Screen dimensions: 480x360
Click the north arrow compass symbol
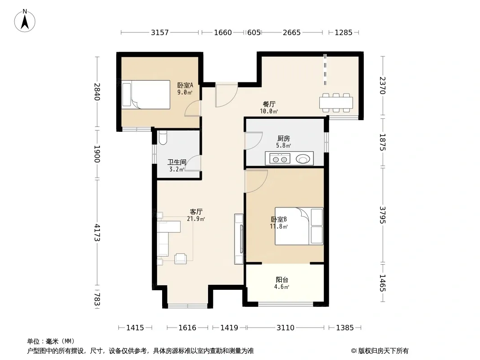click(25, 21)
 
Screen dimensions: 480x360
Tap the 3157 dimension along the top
click(160, 32)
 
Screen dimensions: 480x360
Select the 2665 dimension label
click(292, 32)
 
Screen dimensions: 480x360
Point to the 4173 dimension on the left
click(97, 233)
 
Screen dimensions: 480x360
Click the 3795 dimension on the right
click(383, 215)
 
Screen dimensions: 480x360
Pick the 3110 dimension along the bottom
click(285, 328)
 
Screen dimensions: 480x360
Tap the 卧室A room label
click(185, 85)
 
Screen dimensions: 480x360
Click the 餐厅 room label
click(269, 104)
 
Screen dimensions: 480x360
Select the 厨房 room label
click(284, 139)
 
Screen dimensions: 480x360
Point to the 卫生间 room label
click(177, 162)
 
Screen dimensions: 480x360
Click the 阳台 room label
click(282, 280)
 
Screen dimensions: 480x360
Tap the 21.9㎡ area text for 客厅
click(196, 219)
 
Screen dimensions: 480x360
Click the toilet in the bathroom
click(163, 138)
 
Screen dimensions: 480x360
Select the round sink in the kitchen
click(303, 159)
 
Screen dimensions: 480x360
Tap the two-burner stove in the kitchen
click(280, 159)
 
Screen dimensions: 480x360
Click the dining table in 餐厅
click(336, 103)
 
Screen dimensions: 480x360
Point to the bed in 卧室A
click(146, 94)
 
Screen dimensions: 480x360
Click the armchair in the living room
click(181, 259)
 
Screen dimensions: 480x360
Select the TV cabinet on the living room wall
click(239, 239)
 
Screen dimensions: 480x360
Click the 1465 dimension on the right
click(383, 283)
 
